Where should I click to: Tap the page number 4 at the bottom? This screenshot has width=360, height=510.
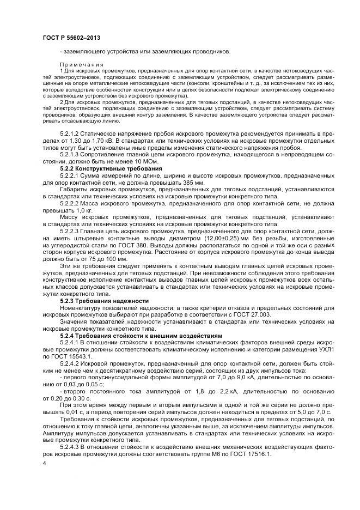(x=44, y=463)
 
